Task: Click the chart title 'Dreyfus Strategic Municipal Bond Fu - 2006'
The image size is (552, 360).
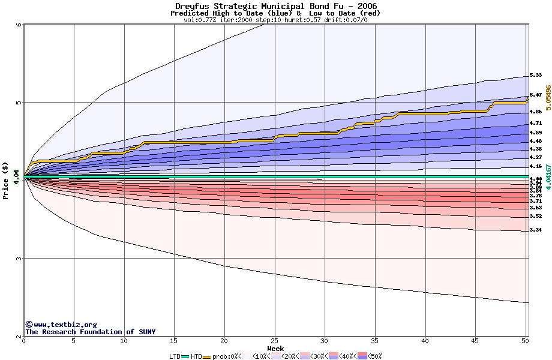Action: point(275,6)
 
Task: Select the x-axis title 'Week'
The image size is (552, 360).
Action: point(275,348)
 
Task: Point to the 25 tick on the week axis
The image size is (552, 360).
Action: point(274,341)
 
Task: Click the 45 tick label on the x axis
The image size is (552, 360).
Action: point(475,341)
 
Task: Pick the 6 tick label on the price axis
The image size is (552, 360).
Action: point(19,25)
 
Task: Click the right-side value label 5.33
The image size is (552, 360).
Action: point(535,76)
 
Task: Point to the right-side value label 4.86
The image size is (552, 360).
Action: point(535,112)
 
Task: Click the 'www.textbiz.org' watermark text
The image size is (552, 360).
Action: point(61,325)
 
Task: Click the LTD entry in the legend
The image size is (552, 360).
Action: point(175,356)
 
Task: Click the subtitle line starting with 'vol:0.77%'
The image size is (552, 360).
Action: point(275,20)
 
